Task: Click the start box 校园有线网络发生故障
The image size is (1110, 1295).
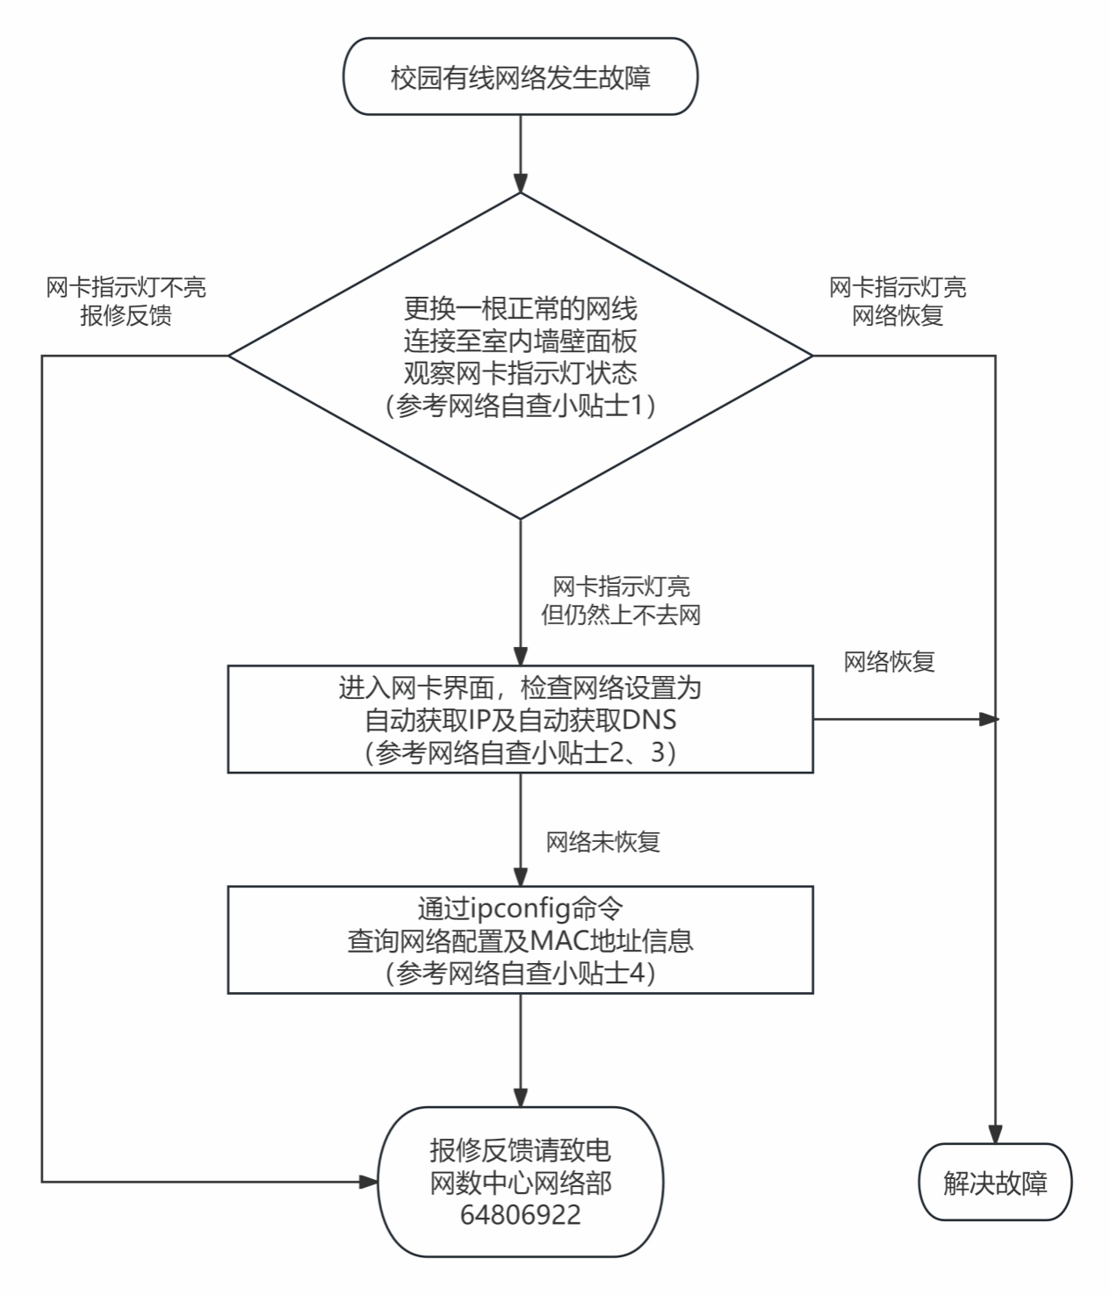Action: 520,77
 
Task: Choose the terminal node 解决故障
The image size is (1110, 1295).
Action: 995,1183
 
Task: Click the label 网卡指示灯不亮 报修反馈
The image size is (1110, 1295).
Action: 126,301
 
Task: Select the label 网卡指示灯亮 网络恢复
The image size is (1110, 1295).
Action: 897,301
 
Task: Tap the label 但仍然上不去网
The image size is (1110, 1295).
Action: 620,615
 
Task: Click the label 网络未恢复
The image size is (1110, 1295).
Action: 602,842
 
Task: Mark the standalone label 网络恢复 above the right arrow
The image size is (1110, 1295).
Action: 889,662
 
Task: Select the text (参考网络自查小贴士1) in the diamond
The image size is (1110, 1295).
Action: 520,407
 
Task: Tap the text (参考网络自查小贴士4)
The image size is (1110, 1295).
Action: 520,973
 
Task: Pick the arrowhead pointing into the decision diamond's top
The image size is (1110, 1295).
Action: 521,184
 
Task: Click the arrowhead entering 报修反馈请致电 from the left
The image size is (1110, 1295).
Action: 369,1182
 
